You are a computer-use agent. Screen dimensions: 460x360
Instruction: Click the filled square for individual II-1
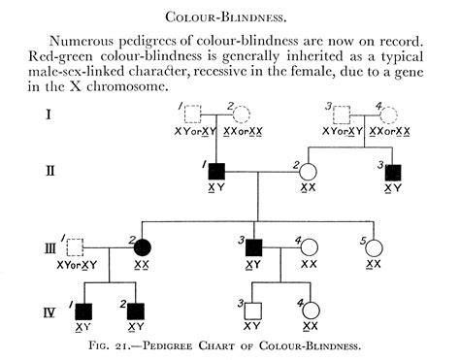point(216,172)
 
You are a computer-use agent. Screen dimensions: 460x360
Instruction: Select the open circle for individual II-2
point(308,172)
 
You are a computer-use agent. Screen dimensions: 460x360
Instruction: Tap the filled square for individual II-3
point(393,173)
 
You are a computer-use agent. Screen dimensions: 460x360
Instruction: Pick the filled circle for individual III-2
point(143,247)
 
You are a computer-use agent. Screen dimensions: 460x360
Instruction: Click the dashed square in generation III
point(75,247)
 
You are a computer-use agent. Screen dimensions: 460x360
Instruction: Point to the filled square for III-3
point(254,248)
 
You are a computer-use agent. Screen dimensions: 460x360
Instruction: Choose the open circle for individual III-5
point(374,248)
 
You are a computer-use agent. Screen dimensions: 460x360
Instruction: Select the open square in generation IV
point(253,311)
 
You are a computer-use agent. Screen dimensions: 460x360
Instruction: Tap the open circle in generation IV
point(311,311)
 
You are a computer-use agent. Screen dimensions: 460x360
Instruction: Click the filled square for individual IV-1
point(83,312)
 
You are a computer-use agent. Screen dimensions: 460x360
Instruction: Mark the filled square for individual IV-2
point(136,312)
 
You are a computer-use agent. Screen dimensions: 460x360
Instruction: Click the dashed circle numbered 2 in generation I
point(242,115)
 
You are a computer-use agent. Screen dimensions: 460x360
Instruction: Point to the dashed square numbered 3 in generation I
point(342,115)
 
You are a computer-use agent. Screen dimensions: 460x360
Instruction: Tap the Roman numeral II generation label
point(49,171)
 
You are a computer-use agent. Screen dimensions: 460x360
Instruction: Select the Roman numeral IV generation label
point(49,312)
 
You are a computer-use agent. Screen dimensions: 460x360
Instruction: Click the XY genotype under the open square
point(251,326)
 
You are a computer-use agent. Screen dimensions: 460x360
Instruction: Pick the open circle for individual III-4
point(310,247)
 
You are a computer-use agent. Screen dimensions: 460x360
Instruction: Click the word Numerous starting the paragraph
point(82,41)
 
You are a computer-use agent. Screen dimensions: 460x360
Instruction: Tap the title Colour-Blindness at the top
point(226,16)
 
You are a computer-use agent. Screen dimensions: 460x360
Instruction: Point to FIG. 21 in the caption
point(109,345)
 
